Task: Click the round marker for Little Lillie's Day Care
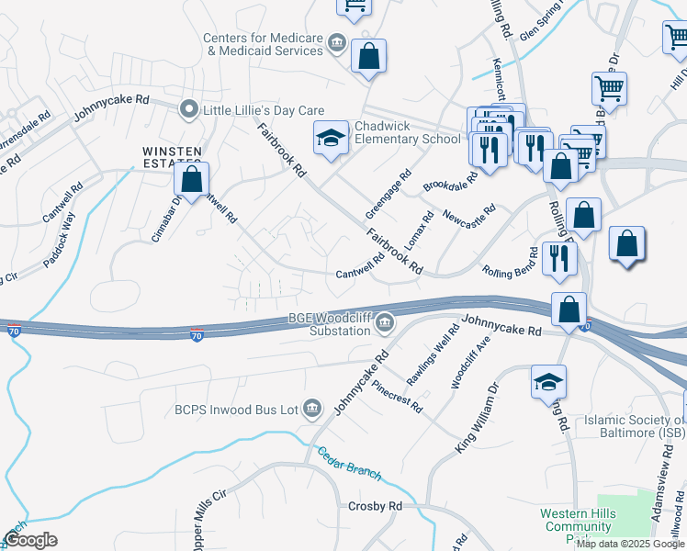point(190,110)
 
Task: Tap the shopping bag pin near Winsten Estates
point(191,180)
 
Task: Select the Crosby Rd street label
point(375,507)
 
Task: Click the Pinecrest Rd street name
point(404,393)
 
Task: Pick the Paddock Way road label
point(56,237)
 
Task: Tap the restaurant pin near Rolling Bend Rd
point(558,258)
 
